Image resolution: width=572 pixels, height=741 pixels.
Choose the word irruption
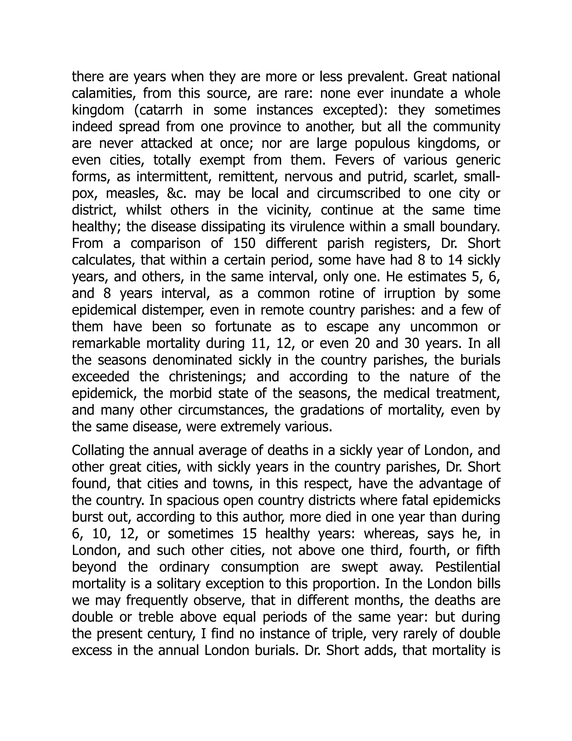click(409, 294)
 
